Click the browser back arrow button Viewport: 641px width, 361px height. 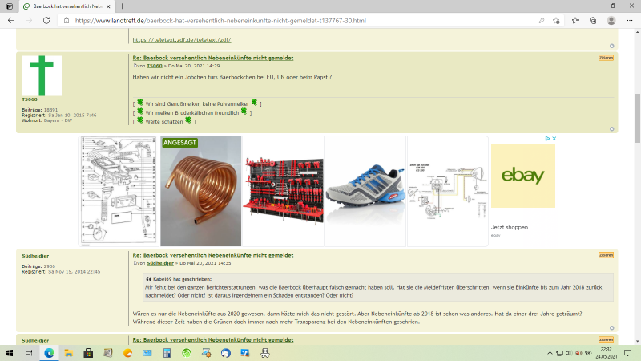11,20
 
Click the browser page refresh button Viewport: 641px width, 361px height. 46,20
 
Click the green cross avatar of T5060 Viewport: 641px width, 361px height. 42,75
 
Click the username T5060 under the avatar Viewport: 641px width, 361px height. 29,99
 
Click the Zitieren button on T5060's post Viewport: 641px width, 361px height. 606,58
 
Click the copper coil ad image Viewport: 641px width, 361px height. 201,191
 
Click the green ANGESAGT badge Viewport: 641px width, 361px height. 180,143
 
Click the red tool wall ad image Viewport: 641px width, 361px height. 283,191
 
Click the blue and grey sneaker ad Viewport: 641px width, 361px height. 365,191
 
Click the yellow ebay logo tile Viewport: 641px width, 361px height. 522,176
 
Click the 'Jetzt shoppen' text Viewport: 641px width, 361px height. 510,227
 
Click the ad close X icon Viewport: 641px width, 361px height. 554,139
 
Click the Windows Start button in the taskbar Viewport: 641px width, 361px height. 10,352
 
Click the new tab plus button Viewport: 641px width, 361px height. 123,6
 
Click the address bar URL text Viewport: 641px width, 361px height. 240,20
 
